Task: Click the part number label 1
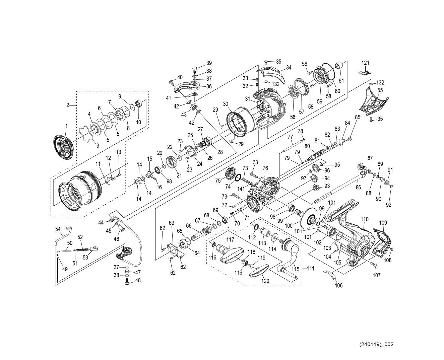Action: click(66, 126)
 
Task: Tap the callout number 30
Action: click(226, 104)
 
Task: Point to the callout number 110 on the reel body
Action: click(364, 219)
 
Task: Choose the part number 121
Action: click(365, 63)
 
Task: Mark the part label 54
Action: click(58, 229)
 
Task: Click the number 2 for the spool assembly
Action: click(68, 105)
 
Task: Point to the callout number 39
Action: click(209, 63)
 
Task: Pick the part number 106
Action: click(339, 285)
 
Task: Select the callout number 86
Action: click(358, 188)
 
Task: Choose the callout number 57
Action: click(302, 112)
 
